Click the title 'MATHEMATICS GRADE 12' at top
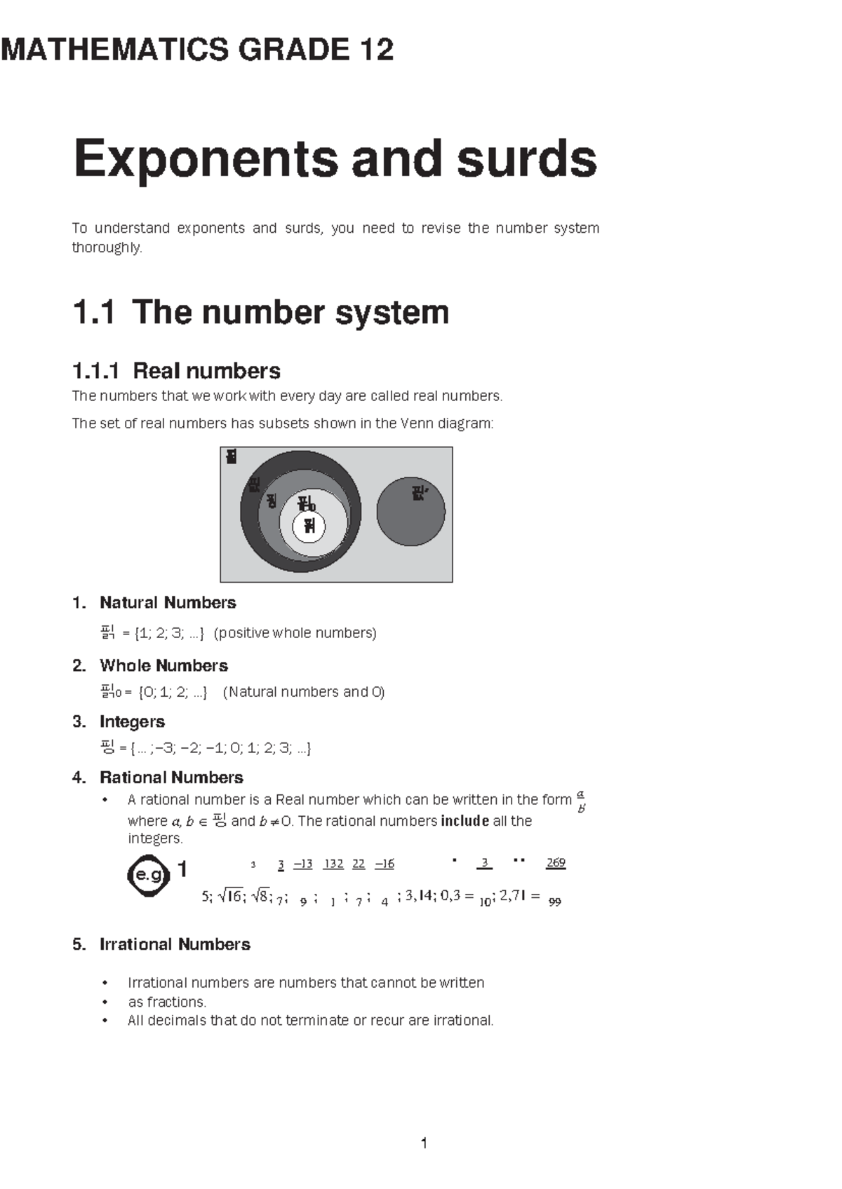[x=197, y=50]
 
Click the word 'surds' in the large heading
[x=526, y=158]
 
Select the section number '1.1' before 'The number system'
[x=93, y=312]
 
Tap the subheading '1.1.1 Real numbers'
[x=176, y=370]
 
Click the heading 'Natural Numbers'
[x=168, y=602]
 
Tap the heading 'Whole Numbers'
[x=163, y=665]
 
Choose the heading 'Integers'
[x=132, y=721]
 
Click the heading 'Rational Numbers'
[x=171, y=777]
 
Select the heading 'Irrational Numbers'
[x=175, y=944]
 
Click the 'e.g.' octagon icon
[x=149, y=874]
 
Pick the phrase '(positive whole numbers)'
[x=295, y=633]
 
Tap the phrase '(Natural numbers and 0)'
[x=304, y=692]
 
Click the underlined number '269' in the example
[x=556, y=863]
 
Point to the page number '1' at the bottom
[x=424, y=1143]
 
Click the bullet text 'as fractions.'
[x=167, y=1002]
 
